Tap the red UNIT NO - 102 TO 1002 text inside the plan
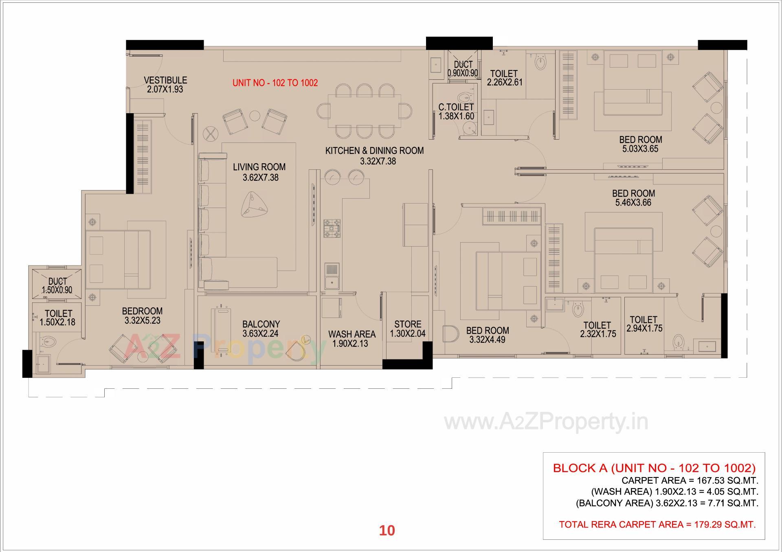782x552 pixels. pyautogui.click(x=275, y=83)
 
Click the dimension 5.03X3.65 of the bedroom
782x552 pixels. pyautogui.click(x=640, y=149)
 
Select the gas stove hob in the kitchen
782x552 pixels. pyautogui.click(x=332, y=229)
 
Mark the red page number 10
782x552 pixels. pyautogui.click(x=387, y=530)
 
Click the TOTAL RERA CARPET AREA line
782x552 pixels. pyautogui.click(x=657, y=524)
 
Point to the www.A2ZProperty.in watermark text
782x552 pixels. pyautogui.click(x=546, y=423)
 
